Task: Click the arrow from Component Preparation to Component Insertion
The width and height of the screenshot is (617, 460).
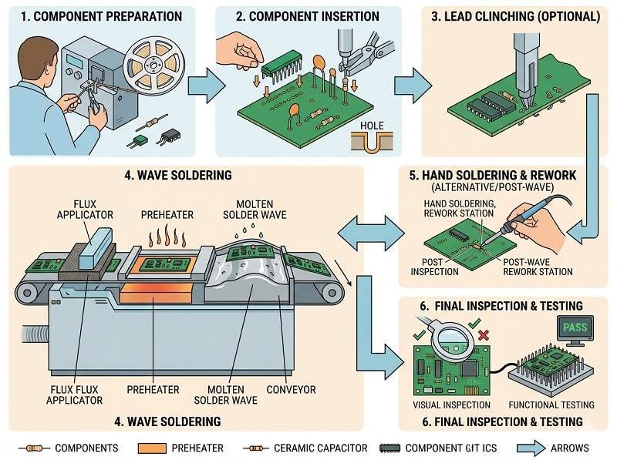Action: [203, 81]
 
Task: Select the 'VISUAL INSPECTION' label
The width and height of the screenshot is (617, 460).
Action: [451, 405]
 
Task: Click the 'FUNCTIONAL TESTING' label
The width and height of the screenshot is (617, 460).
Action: [552, 405]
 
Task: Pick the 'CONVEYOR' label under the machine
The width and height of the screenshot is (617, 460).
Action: [291, 390]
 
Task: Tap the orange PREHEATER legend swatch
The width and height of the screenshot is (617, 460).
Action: [157, 448]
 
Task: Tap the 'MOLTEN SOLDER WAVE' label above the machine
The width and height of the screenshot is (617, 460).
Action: [248, 208]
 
